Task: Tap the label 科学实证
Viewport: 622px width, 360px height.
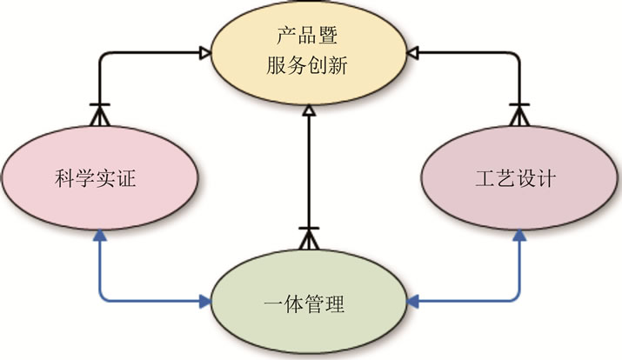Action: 93,182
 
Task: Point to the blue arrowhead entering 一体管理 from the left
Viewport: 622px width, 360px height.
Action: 205,303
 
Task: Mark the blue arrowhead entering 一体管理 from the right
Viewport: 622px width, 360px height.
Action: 412,303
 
